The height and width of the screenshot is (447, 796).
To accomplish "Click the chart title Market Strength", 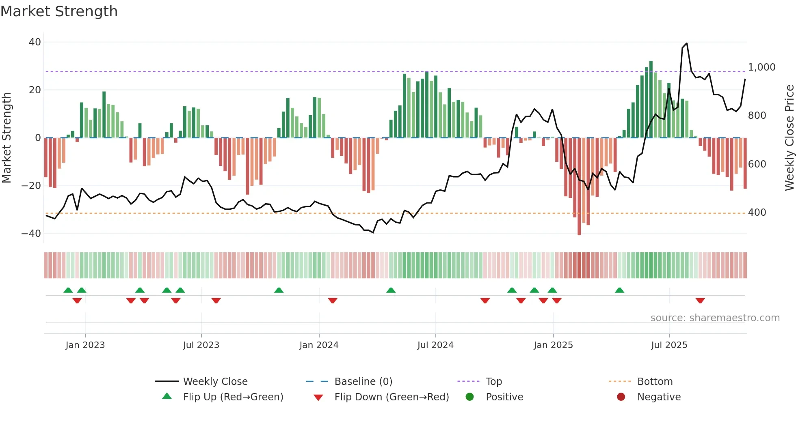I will pyautogui.click(x=59, y=11).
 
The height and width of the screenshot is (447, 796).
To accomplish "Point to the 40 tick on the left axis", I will pyautogui.click(x=35, y=42).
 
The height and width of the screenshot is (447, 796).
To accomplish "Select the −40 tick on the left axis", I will pyautogui.click(x=31, y=234).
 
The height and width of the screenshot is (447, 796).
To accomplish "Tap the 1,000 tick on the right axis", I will pyautogui.click(x=761, y=67).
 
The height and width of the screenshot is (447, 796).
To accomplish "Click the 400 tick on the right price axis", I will pyautogui.click(x=757, y=213).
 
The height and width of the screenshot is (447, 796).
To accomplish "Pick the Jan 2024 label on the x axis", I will pyautogui.click(x=319, y=345).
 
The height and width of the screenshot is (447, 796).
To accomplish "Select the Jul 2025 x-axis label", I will pyautogui.click(x=669, y=345).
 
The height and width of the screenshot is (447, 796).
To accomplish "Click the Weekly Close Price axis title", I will pyautogui.click(x=789, y=138).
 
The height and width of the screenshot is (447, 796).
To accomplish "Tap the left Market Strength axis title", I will pyautogui.click(x=7, y=138).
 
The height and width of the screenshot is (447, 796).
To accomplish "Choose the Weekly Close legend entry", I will pyautogui.click(x=215, y=382).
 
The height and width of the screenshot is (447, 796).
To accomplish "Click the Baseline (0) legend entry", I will pyautogui.click(x=363, y=382).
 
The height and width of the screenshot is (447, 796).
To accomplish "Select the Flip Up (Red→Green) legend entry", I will pyautogui.click(x=233, y=397).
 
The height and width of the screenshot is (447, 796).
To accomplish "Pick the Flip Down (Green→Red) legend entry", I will pyautogui.click(x=392, y=397).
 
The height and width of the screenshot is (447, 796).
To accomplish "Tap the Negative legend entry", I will pyautogui.click(x=658, y=397).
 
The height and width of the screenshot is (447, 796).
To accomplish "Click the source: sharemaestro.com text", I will pyautogui.click(x=715, y=318).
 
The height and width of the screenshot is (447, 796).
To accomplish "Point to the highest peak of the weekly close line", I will pyautogui.click(x=686, y=43).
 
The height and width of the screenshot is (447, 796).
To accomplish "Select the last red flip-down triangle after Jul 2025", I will pyautogui.click(x=700, y=301).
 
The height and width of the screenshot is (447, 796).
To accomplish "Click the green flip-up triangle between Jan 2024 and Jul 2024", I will pyautogui.click(x=391, y=290).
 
